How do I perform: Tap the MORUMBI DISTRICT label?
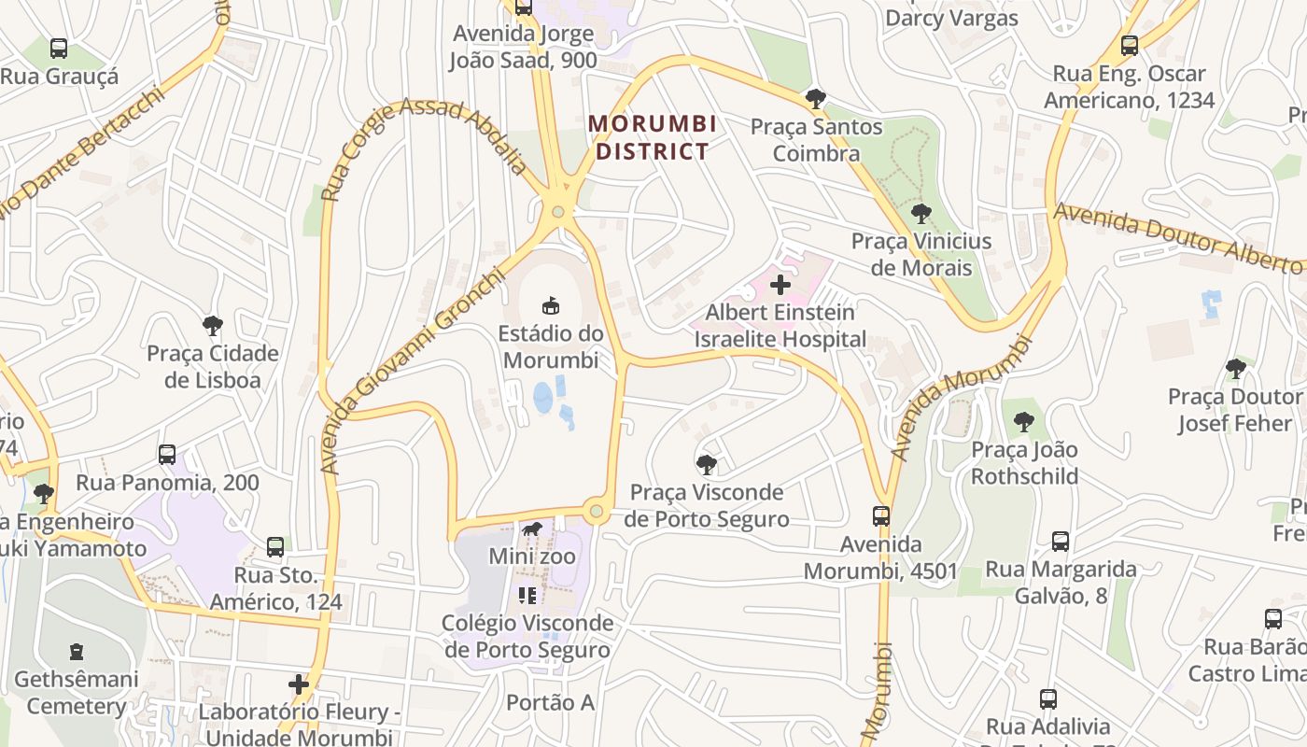(x=653, y=137)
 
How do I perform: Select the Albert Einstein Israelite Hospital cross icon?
(x=780, y=285)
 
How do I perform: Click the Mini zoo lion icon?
(x=532, y=530)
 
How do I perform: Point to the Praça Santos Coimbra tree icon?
(x=816, y=99)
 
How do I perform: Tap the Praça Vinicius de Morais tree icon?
(x=921, y=214)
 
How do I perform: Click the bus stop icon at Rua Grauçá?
(x=59, y=49)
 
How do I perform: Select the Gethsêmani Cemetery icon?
(x=77, y=652)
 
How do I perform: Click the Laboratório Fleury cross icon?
(x=299, y=684)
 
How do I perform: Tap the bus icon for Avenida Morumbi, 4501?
(x=880, y=516)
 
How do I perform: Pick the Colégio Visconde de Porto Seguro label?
(x=528, y=636)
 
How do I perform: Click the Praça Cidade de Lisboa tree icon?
(x=213, y=326)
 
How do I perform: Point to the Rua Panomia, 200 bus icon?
(x=167, y=455)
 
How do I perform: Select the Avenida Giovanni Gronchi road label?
(x=407, y=373)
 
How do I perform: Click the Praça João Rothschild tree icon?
(x=1024, y=422)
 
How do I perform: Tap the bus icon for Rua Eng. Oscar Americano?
(x=1130, y=46)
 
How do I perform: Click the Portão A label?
(x=550, y=702)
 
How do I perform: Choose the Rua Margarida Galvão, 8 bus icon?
(x=1061, y=542)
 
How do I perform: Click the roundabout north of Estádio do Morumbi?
(x=558, y=212)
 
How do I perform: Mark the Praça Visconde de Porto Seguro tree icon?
(x=707, y=464)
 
